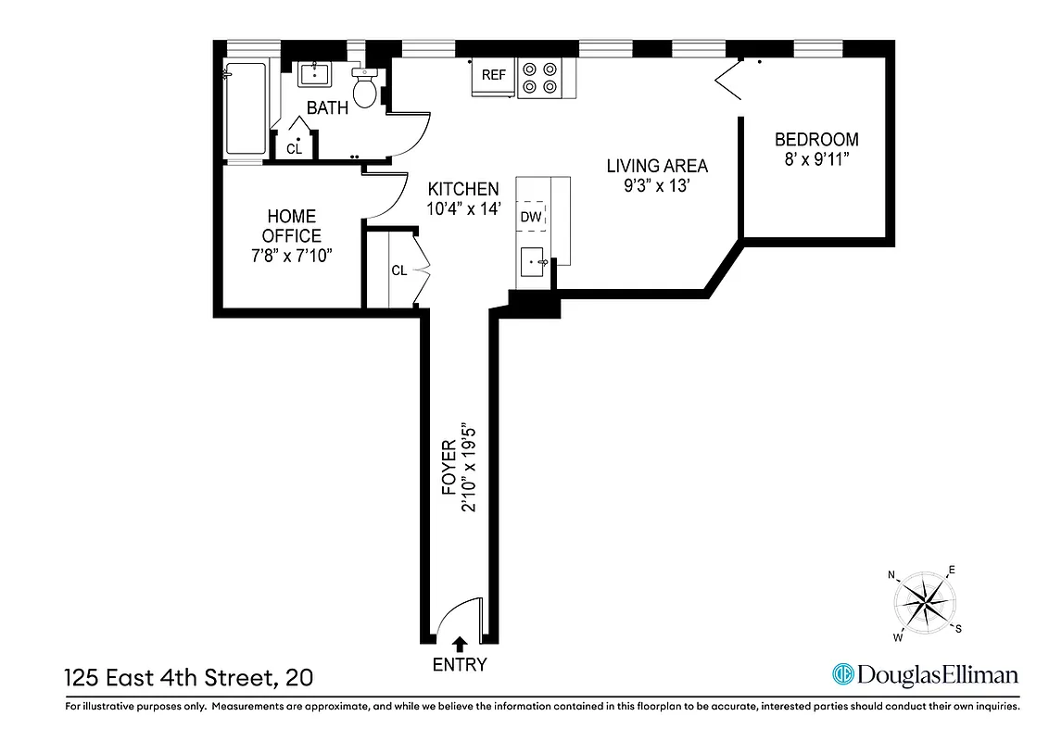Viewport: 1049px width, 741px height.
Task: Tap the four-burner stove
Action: pyautogui.click(x=541, y=77)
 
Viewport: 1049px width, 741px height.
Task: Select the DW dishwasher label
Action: pyautogui.click(x=531, y=217)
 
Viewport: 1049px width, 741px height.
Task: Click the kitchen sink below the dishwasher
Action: pyautogui.click(x=536, y=263)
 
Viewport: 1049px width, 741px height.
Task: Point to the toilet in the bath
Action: pyautogui.click(x=366, y=89)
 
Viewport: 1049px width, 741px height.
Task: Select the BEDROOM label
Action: pyautogui.click(x=816, y=140)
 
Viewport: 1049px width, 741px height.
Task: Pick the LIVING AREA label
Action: pyautogui.click(x=657, y=167)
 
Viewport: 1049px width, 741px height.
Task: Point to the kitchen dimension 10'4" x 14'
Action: pyautogui.click(x=463, y=208)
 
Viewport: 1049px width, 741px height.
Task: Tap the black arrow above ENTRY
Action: pyautogui.click(x=459, y=642)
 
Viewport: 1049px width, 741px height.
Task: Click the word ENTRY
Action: pyautogui.click(x=459, y=665)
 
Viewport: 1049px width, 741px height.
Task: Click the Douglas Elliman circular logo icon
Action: pyautogui.click(x=843, y=674)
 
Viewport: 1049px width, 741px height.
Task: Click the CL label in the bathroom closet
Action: pyautogui.click(x=294, y=148)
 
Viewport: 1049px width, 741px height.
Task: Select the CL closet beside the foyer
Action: pyautogui.click(x=398, y=270)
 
